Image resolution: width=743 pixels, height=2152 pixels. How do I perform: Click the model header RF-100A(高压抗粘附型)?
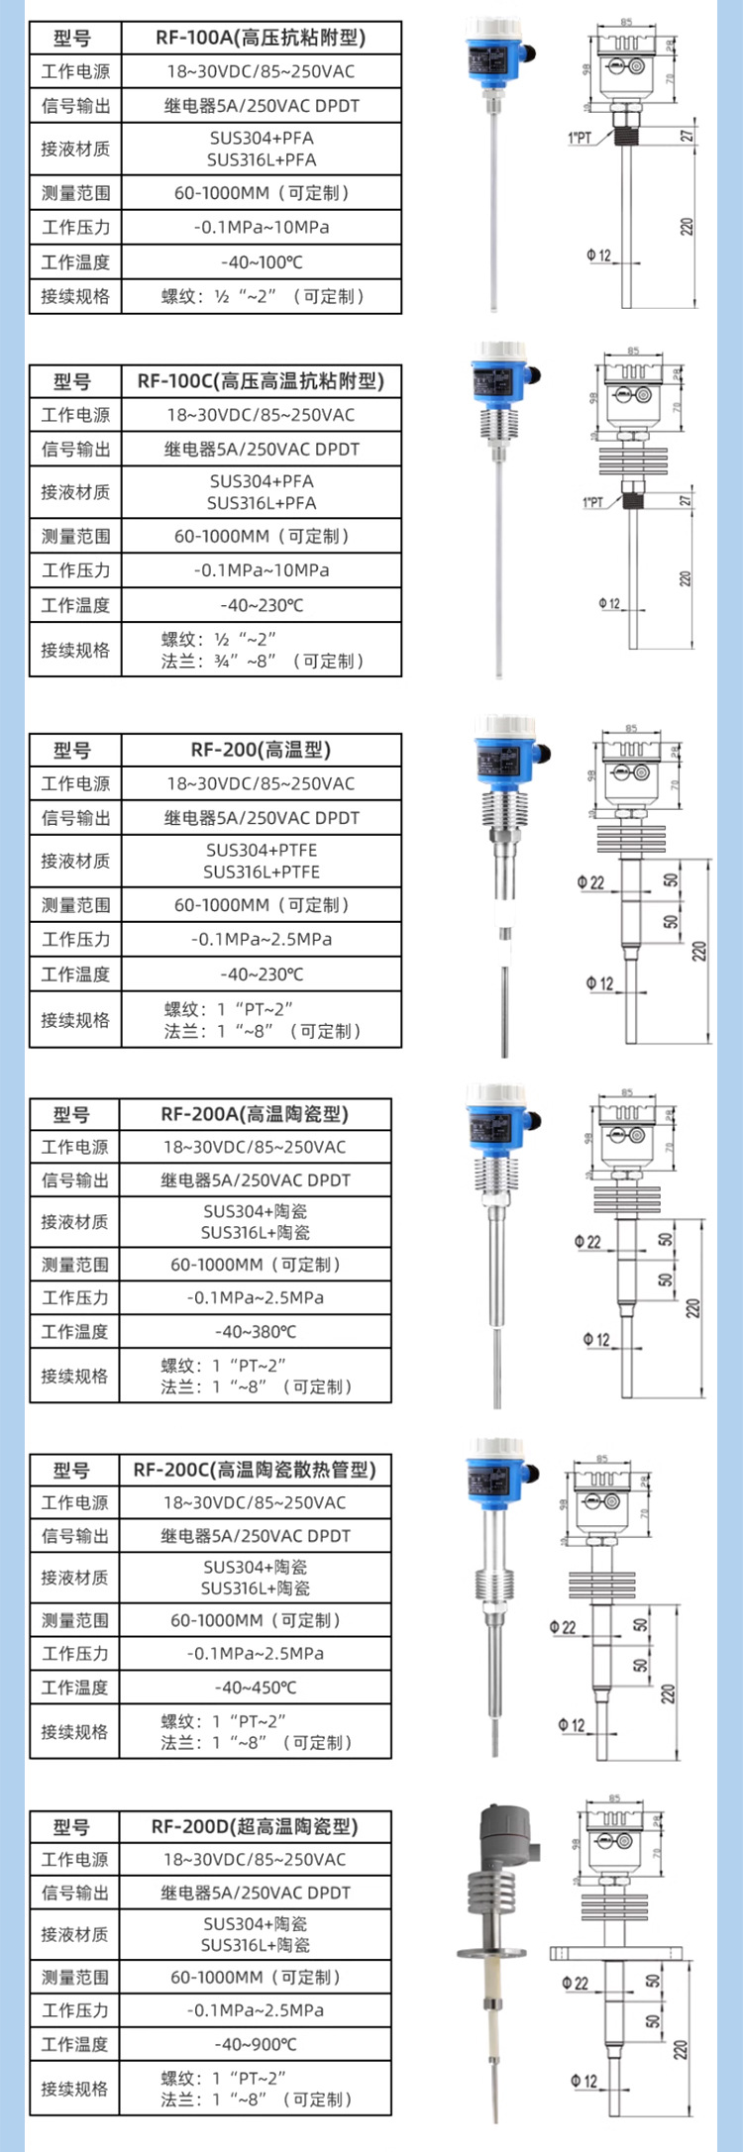(x=261, y=38)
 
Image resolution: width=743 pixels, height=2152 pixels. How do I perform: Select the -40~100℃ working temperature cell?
(x=261, y=262)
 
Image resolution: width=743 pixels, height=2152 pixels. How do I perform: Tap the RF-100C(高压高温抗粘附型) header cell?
(x=261, y=381)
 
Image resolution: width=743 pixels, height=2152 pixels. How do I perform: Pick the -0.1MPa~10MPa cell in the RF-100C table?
(x=261, y=570)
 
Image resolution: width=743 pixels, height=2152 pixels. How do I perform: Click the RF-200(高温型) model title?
(x=261, y=750)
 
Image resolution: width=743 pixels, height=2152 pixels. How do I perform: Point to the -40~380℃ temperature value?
(x=255, y=1332)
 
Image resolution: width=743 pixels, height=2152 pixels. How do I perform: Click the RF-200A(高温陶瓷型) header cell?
(x=255, y=1114)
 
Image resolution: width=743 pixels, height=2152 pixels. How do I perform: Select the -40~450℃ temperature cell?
(x=255, y=1688)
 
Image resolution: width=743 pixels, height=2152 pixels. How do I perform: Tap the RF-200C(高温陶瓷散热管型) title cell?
(x=255, y=1470)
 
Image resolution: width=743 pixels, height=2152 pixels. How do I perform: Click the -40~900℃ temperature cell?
(x=255, y=2044)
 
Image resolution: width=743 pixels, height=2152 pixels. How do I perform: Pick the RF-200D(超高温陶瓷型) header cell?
(x=255, y=1826)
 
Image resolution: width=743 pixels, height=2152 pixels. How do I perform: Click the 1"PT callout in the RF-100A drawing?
(x=580, y=138)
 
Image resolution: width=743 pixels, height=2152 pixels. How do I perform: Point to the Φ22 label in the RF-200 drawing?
(x=590, y=882)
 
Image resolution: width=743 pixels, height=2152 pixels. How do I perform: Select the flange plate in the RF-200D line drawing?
(x=613, y=1954)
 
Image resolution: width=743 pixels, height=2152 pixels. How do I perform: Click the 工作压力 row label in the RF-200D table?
(x=74, y=2010)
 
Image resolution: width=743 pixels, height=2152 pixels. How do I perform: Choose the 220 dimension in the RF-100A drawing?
(x=688, y=227)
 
